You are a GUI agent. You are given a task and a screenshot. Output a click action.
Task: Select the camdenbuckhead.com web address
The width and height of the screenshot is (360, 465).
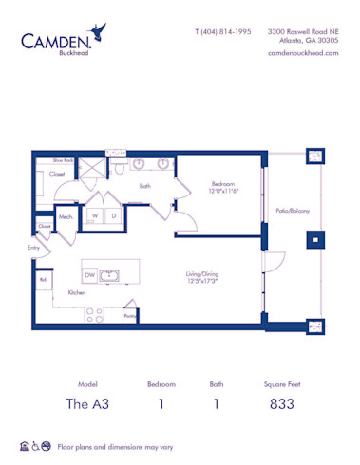point(304,53)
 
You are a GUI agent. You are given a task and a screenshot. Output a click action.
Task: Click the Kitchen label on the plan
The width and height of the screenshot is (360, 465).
point(76,293)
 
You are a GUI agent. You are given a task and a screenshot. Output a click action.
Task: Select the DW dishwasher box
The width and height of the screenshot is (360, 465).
point(89,274)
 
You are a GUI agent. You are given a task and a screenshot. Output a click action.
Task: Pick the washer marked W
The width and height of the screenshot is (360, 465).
point(95,216)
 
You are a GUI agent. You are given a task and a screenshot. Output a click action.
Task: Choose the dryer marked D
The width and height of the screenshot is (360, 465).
point(113,216)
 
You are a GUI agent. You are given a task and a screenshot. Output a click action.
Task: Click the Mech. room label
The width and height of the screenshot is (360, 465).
point(66,217)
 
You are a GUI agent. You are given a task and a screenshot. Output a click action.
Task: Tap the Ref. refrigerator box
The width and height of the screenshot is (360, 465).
point(44,281)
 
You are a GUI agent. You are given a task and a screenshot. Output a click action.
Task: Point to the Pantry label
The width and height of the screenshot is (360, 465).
point(129,316)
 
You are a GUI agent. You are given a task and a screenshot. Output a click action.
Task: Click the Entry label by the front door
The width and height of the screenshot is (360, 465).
point(34,248)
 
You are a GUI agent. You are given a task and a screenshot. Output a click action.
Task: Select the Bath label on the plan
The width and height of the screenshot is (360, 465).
point(144,186)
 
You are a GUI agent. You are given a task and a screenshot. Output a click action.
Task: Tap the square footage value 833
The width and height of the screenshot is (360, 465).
point(281,403)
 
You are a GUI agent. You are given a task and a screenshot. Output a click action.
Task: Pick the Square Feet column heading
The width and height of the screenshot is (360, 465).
point(281,384)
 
